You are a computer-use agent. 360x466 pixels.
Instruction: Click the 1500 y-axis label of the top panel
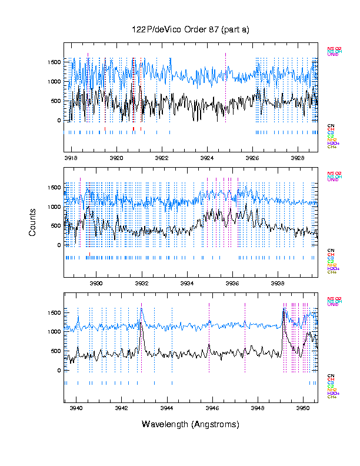tap(54, 62)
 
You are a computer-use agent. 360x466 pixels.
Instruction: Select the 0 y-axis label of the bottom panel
tap(59, 371)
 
